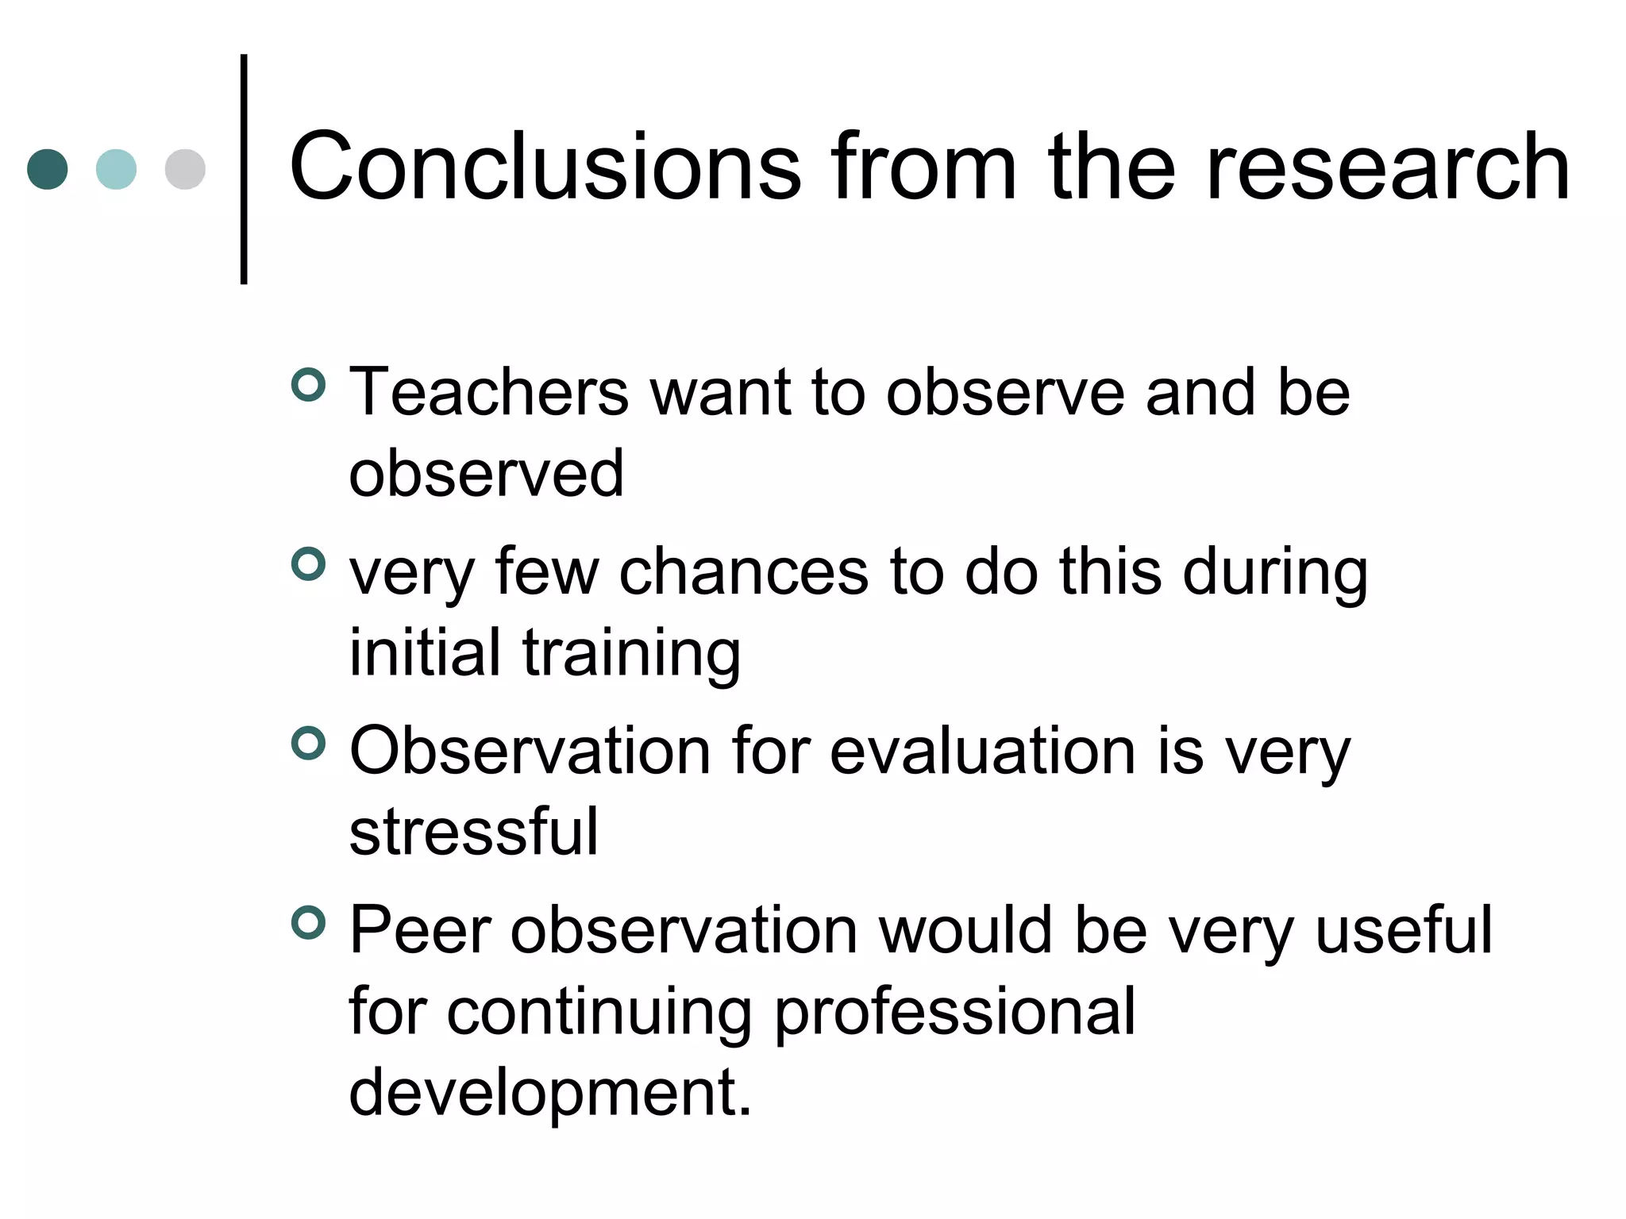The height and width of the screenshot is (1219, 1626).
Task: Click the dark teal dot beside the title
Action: click(48, 169)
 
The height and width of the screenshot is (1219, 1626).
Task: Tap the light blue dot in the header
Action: click(116, 169)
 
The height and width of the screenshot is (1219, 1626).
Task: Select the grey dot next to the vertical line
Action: click(185, 169)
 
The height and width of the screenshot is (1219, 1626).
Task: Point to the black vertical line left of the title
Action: click(244, 169)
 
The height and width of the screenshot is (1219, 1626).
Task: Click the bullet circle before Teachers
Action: click(308, 385)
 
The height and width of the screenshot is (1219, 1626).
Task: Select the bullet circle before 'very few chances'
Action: click(308, 564)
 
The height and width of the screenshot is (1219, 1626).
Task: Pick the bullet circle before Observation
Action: click(308, 744)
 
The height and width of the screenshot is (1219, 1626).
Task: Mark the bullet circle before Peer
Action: click(308, 923)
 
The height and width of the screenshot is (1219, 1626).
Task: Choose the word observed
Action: click(486, 474)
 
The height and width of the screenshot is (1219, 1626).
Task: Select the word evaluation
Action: click(983, 751)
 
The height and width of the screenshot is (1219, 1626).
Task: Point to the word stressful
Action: click(474, 832)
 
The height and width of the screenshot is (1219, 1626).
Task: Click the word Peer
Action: click(420, 930)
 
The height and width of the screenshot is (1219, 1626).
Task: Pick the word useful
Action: click(1404, 930)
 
